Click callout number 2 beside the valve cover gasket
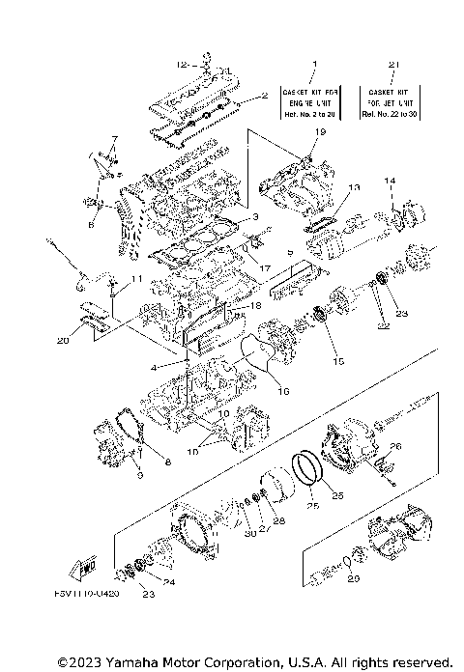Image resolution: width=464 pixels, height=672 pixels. pyautogui.click(x=262, y=97)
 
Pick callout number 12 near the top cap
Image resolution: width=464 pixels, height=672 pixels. pyautogui.click(x=181, y=65)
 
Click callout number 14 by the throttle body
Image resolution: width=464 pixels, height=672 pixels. pyautogui.click(x=391, y=181)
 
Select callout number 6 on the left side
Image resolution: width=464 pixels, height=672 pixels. pyautogui.click(x=91, y=224)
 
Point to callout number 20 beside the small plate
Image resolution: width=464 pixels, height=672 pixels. pyautogui.click(x=62, y=340)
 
